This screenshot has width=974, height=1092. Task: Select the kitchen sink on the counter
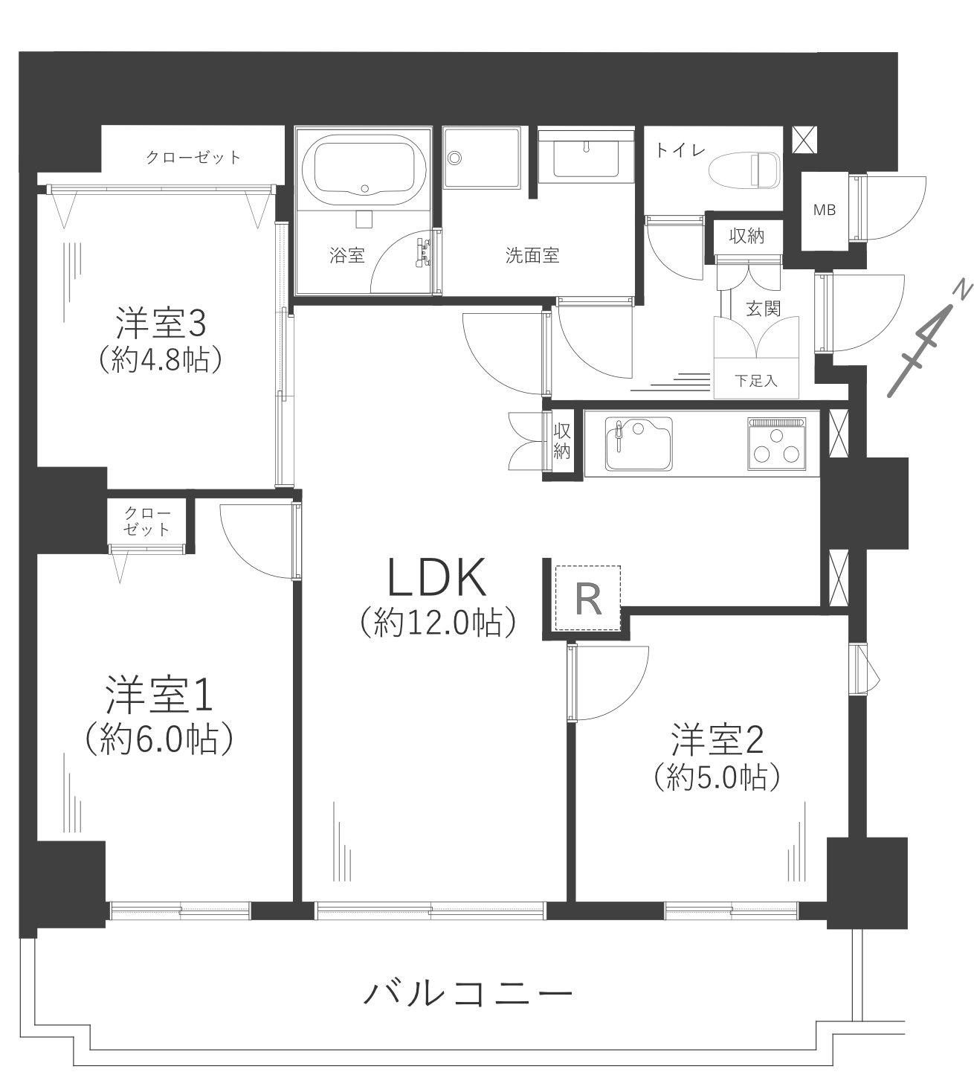click(x=639, y=443)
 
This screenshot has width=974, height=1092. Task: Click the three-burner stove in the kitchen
click(x=777, y=444)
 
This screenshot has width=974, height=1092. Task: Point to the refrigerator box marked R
click(x=588, y=598)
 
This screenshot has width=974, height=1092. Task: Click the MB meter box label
click(x=824, y=211)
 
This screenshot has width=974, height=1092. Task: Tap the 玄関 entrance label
click(x=762, y=307)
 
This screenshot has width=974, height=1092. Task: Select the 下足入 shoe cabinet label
click(x=757, y=382)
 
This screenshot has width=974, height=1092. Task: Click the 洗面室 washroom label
click(x=532, y=256)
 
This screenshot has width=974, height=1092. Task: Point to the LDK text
click(x=437, y=578)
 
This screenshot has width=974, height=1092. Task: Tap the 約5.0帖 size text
click(x=717, y=777)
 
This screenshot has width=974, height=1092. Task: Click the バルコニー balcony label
click(x=469, y=993)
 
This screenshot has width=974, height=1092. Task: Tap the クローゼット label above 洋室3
click(x=193, y=158)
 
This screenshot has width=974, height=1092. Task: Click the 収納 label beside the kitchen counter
click(x=561, y=441)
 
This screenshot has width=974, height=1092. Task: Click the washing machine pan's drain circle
click(x=455, y=157)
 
